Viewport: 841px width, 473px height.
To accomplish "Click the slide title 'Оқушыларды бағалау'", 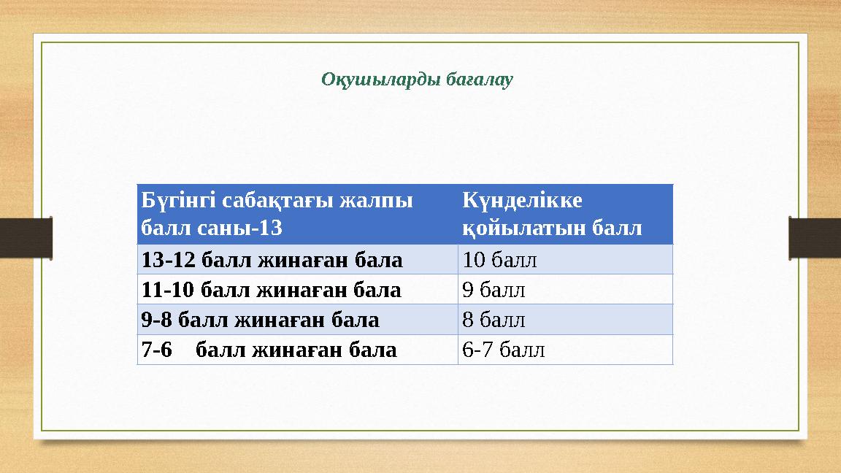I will (x=417, y=79).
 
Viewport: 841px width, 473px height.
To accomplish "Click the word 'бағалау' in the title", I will (x=478, y=79).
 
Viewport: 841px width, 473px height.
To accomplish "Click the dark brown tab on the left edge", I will (x=26, y=237).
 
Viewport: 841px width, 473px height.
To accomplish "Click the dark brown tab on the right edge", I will (x=815, y=237).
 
